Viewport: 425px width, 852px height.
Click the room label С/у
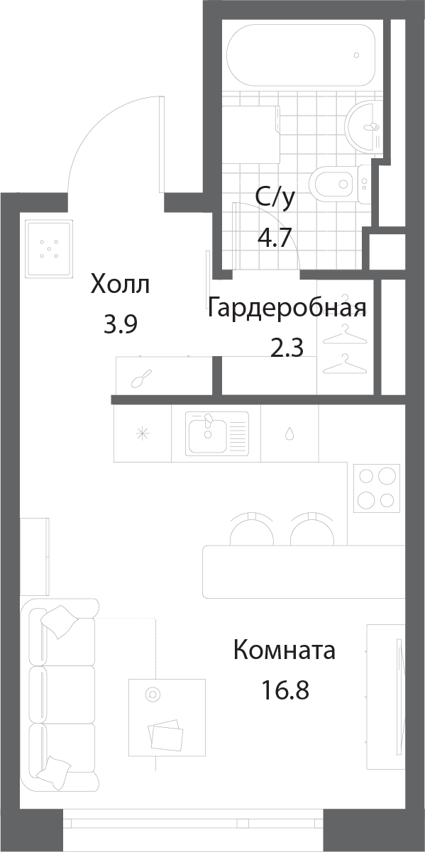pos(275,199)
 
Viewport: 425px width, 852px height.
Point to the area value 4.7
pos(275,237)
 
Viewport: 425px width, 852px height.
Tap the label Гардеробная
pos(287,309)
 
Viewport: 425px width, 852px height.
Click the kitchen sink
pos(216,433)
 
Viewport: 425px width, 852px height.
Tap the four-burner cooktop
pos(375,487)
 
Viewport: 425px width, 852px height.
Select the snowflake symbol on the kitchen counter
pos(142,433)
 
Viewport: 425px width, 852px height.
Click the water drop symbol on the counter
pos(289,433)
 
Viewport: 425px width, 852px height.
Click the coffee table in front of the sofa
pos(167,717)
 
